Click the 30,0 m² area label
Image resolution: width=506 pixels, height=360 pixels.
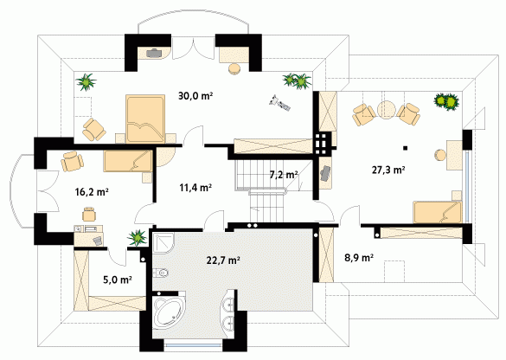(x=195, y=96)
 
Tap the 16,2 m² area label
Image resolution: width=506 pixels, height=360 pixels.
(x=92, y=192)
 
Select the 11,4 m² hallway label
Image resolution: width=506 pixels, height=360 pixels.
(x=195, y=187)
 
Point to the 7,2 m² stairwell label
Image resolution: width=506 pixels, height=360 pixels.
(x=284, y=175)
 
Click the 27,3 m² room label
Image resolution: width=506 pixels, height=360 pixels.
(x=388, y=170)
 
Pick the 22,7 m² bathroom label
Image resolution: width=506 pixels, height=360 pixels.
(x=223, y=260)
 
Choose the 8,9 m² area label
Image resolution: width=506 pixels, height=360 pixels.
(x=359, y=258)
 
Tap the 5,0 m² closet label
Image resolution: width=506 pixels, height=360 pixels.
(x=118, y=280)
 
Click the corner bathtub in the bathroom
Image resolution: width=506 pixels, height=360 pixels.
(x=168, y=311)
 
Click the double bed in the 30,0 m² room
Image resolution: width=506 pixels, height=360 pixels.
(x=145, y=119)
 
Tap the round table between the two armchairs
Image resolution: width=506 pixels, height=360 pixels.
(x=387, y=111)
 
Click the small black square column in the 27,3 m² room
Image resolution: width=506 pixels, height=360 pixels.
(x=406, y=148)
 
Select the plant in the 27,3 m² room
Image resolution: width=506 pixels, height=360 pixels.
(x=446, y=102)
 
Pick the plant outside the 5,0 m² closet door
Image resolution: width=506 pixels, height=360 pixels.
(x=138, y=238)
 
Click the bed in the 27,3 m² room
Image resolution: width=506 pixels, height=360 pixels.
(x=438, y=212)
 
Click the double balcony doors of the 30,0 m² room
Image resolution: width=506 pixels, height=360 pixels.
(x=193, y=48)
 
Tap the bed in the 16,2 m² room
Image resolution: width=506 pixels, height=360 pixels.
(x=128, y=161)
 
